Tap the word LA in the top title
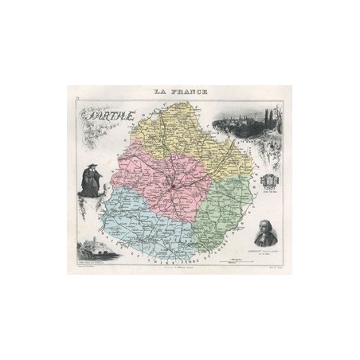158,92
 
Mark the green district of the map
215,207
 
